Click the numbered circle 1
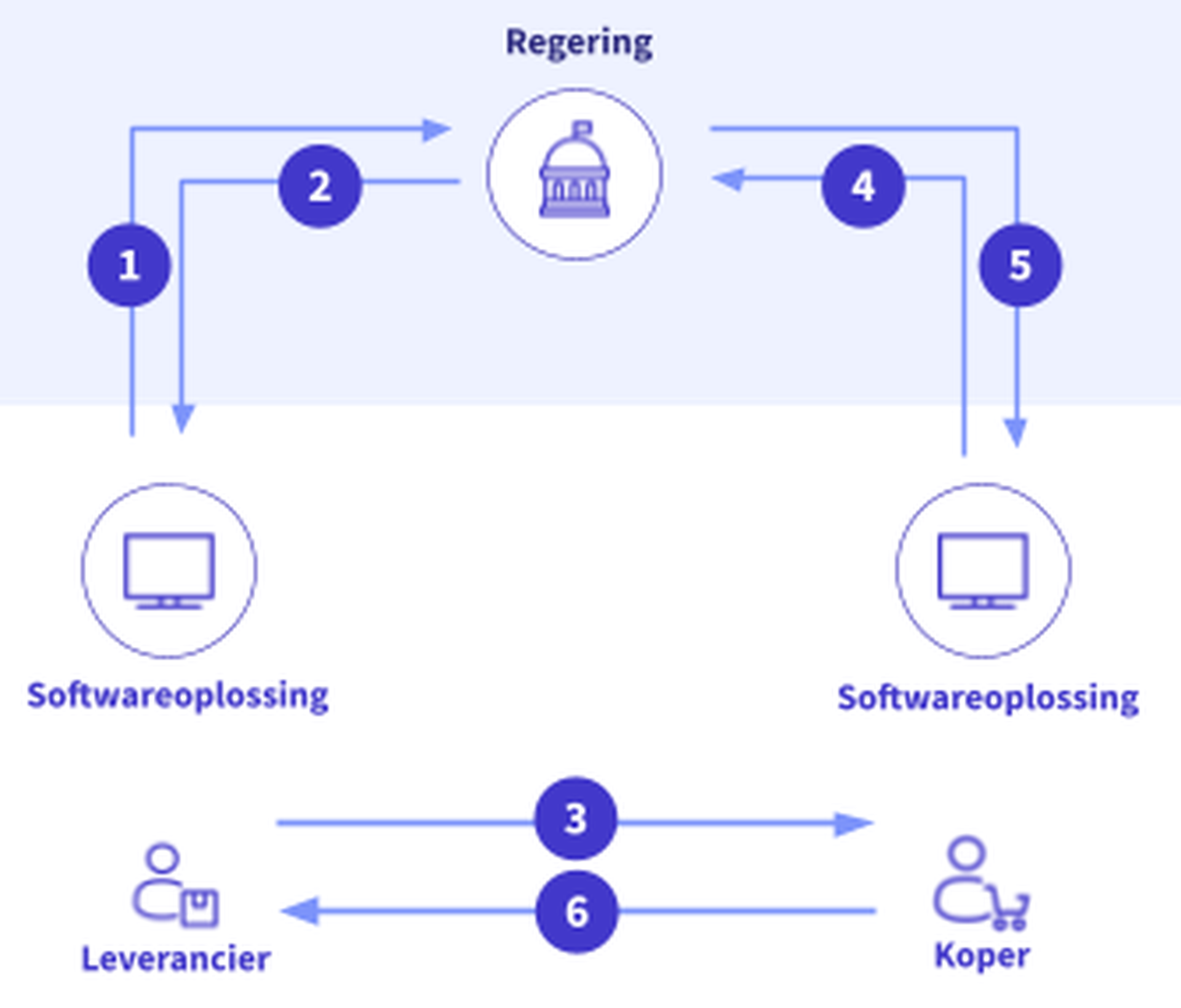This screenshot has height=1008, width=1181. click(129, 266)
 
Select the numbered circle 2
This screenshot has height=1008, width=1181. click(320, 186)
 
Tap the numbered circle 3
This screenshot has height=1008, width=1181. click(576, 819)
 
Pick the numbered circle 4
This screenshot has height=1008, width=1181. click(863, 186)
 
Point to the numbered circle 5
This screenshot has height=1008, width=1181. click(1020, 266)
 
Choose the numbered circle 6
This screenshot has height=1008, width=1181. click(576, 911)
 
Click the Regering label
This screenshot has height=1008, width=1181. click(579, 43)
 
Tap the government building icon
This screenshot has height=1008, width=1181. click(575, 172)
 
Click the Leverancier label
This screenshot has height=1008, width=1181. click(176, 959)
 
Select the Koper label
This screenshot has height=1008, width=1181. click(982, 956)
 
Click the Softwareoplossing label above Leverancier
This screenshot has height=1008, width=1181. click(178, 696)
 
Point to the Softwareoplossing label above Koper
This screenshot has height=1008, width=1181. click(988, 698)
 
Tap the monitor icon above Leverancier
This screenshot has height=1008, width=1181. click(169, 571)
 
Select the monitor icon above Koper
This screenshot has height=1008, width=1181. click(983, 571)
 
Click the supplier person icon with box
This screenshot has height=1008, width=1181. click(175, 886)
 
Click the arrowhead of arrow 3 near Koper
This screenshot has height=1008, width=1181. click(853, 823)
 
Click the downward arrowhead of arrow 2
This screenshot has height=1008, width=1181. click(183, 418)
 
